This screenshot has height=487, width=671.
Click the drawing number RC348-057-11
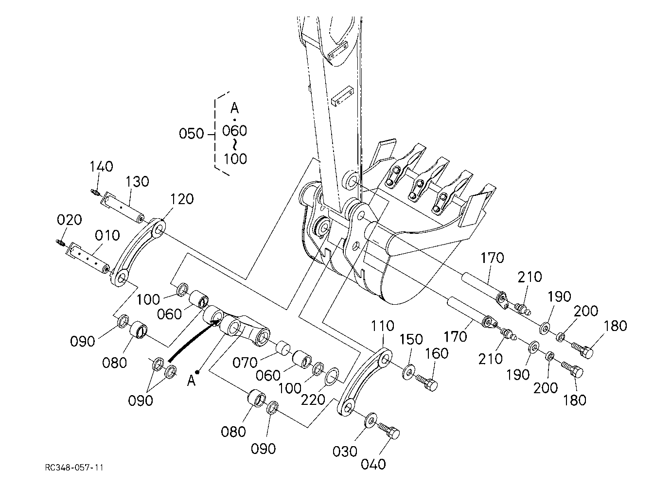74,468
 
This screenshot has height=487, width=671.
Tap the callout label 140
102,167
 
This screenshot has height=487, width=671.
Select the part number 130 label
137,182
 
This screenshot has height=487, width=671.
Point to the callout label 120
182,199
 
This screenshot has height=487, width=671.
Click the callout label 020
69,220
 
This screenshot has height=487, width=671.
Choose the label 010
107,236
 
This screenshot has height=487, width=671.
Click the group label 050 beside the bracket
192,134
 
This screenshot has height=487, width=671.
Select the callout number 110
383,326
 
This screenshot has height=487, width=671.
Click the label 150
411,340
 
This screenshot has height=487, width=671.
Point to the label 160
437,354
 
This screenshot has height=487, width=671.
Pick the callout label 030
345,452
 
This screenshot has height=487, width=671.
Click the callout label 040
373,465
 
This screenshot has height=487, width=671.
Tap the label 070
245,363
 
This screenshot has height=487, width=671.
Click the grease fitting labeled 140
95,192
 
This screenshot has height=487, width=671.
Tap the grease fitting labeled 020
60,243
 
